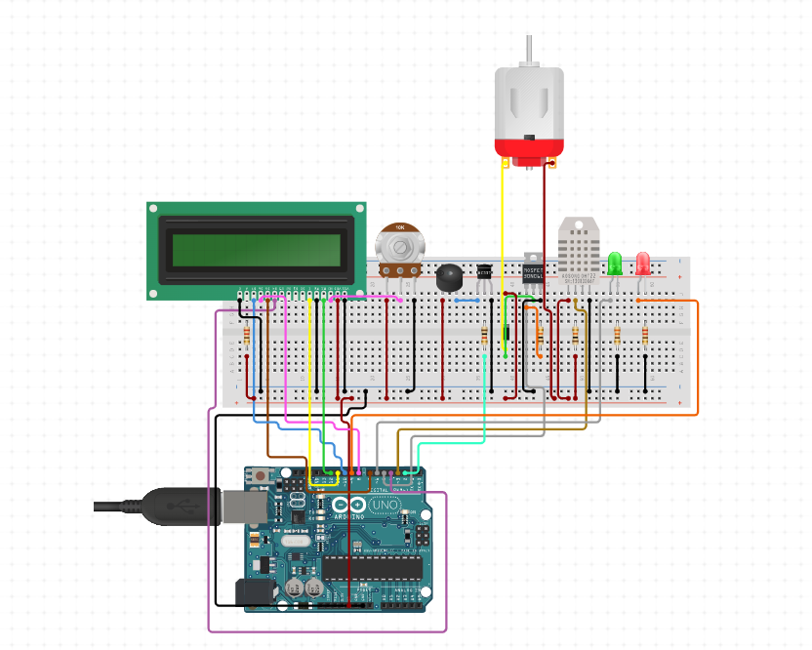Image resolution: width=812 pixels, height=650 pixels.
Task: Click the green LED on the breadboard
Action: tap(615, 264)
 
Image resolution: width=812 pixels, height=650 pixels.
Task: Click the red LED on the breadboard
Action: tap(643, 264)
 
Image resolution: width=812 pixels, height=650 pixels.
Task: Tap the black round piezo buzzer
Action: tap(449, 277)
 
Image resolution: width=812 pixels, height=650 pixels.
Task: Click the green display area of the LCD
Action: tap(257, 251)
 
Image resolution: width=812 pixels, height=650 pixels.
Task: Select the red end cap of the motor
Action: tap(528, 149)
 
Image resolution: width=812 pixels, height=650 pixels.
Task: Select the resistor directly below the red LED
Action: tap(645, 337)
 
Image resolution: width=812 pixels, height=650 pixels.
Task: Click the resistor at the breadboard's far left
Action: tap(245, 337)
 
